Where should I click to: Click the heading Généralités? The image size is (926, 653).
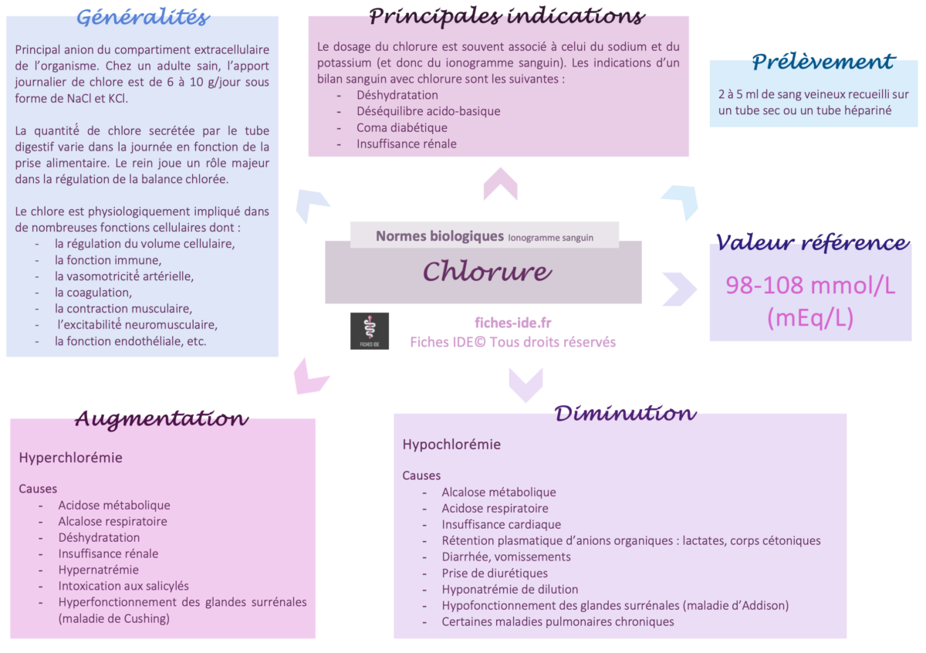pos(143,17)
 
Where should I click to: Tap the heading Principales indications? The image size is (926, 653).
pos(506,15)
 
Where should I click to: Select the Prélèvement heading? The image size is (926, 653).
pos(823,62)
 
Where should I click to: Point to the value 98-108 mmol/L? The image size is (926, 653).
pos(810,286)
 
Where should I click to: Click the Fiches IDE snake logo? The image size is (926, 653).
pos(370,331)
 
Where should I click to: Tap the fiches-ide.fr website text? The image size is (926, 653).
pos(513,323)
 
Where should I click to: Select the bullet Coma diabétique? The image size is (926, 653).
pos(401,127)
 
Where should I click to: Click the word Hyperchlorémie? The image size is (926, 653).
pos(70,458)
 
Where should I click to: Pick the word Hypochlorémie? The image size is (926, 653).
pos(451,445)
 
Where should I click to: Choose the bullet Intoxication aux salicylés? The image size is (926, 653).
pos(123,586)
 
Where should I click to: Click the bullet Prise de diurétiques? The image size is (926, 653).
pos(495,573)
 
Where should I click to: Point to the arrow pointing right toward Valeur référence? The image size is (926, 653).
pos(679,289)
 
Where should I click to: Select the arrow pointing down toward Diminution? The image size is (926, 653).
pos(525,384)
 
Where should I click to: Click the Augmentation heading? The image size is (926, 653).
pos(161,419)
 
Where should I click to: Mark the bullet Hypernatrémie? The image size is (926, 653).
pos(99,570)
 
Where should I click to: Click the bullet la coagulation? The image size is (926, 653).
pos(93,292)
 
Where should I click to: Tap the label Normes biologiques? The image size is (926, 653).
pos(439,236)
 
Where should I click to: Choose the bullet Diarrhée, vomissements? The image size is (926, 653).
pos(506,557)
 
